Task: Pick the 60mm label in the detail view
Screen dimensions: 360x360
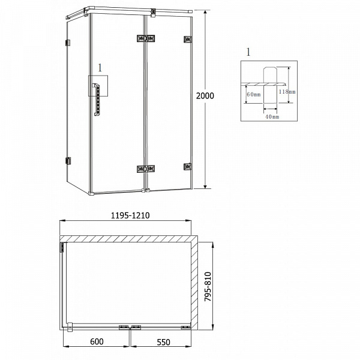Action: pyautogui.click(x=253, y=94)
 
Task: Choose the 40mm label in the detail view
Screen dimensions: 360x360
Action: pyautogui.click(x=272, y=117)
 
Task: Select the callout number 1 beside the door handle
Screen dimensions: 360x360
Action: pyautogui.click(x=100, y=68)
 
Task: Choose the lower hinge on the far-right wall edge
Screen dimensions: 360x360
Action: pyautogui.click(x=187, y=167)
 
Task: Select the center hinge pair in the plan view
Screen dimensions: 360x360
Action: pyautogui.click(x=131, y=327)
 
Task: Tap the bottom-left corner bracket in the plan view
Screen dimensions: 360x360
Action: pyautogui.click(x=69, y=327)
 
